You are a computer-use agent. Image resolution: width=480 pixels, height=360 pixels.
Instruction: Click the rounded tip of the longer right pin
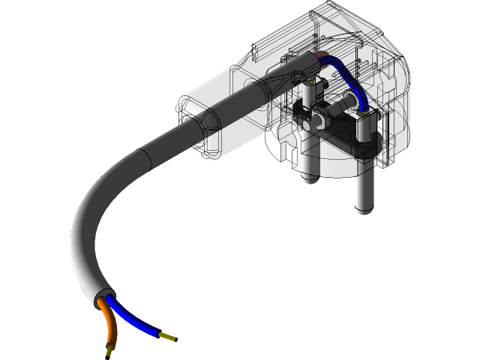pyautogui.click(x=363, y=208)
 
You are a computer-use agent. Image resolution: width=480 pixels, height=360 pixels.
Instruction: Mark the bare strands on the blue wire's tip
pyautogui.click(x=169, y=337)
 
